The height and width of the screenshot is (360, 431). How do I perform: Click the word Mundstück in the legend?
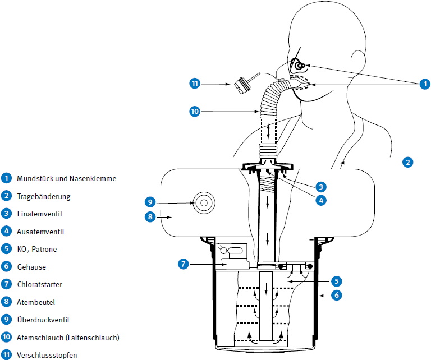[x=35, y=179]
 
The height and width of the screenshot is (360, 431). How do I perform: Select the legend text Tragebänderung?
[x=41, y=196]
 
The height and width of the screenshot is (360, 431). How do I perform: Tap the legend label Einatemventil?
[x=39, y=214]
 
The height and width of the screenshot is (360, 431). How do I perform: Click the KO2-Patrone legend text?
[x=37, y=249]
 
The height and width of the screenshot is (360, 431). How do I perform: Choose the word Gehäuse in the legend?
[x=31, y=266]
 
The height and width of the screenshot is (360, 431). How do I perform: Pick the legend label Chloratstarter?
[x=40, y=284]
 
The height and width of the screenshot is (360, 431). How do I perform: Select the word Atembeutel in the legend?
[x=35, y=302]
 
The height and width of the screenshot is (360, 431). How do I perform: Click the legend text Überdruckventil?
[x=43, y=320]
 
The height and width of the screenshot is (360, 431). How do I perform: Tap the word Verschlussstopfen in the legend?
[x=47, y=355]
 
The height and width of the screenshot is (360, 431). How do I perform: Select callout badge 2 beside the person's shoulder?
[x=408, y=163]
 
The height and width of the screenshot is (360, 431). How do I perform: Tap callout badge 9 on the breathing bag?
[x=149, y=202]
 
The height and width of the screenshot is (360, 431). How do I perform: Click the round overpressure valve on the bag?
[x=203, y=202]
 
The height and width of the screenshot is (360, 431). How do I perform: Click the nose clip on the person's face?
[x=299, y=65]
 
